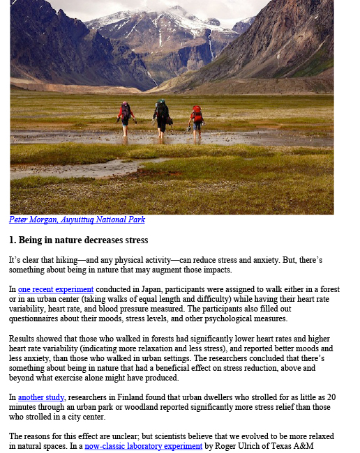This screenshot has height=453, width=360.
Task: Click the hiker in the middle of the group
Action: [x=162, y=116]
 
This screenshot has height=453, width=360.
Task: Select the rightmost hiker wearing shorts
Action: [x=196, y=118]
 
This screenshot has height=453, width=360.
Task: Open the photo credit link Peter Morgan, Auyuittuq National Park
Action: [x=77, y=220]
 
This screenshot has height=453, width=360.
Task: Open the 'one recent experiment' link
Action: [x=56, y=289]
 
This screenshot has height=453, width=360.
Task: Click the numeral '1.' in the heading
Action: [x=13, y=240]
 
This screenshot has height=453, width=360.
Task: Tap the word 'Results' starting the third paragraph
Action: [x=23, y=338]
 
